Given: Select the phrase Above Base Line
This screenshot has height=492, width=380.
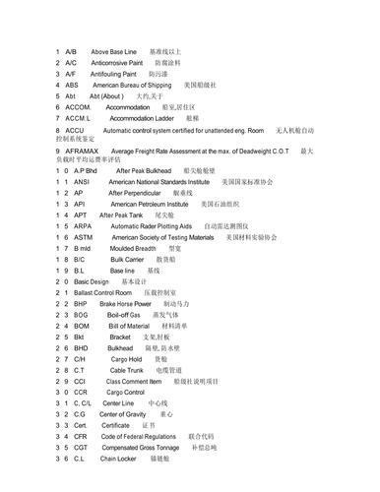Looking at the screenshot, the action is pyautogui.click(x=113, y=49).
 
